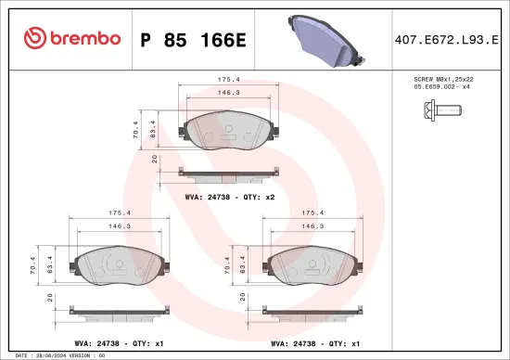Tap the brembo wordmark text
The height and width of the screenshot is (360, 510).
85,38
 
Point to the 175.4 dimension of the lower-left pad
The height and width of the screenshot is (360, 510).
120,212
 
